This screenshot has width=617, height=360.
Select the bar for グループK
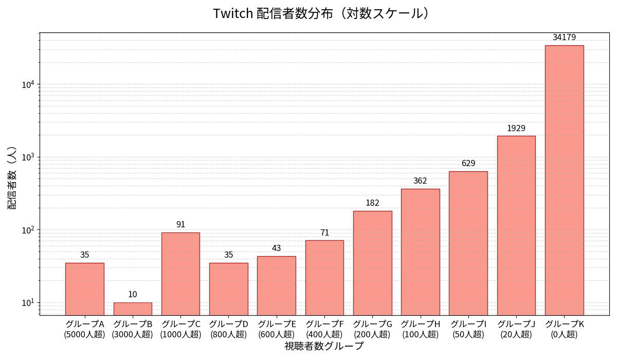(564, 180)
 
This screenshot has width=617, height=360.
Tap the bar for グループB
(133, 309)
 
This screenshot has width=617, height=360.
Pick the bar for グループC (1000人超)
(180, 274)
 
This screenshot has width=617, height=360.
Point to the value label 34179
(564, 38)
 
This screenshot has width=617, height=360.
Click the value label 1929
(516, 129)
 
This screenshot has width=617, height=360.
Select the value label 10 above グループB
(133, 295)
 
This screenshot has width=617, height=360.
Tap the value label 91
(180, 225)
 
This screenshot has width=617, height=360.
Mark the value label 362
(420, 181)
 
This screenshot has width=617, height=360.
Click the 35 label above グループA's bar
(85, 255)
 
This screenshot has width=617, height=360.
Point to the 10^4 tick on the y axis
(28, 84)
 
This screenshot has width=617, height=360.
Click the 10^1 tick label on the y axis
(28, 302)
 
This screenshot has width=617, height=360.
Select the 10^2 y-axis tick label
(28, 230)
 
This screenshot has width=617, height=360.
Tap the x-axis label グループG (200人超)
(372, 329)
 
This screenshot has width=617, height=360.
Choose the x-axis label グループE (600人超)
(277, 329)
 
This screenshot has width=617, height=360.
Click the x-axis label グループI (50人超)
(468, 329)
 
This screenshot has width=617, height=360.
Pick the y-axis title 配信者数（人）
(12, 177)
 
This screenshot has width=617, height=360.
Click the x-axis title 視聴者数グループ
(324, 346)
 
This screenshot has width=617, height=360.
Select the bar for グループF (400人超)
(324, 278)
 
